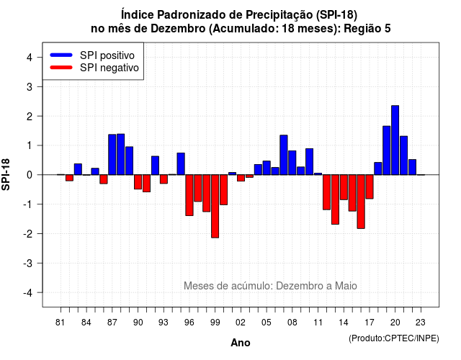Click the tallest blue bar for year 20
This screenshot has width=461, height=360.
click(x=395, y=140)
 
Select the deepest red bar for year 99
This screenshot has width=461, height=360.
click(x=215, y=207)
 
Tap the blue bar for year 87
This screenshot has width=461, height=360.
click(x=112, y=155)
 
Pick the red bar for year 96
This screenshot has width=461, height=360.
click(x=189, y=195)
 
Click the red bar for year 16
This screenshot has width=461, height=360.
click(x=361, y=202)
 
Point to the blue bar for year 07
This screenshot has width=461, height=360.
click(x=284, y=155)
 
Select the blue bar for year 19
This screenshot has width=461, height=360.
click(x=387, y=150)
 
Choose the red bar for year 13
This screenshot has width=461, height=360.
click(x=335, y=199)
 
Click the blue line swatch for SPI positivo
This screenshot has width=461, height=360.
click(x=61, y=55)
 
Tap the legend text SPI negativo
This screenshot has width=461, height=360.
click(x=109, y=68)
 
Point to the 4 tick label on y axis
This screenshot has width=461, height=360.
click(x=30, y=58)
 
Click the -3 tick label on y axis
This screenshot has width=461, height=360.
click(x=27, y=264)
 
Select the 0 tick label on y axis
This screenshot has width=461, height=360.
click(x=30, y=175)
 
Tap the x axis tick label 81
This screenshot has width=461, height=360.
click(x=60, y=323)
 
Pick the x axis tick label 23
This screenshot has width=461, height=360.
click(x=421, y=323)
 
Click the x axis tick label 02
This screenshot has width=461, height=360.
click(x=240, y=323)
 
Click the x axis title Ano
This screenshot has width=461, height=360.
click(x=241, y=343)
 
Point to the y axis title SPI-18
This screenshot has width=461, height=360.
click(x=6, y=175)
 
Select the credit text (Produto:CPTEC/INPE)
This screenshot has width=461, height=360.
click(x=394, y=338)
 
